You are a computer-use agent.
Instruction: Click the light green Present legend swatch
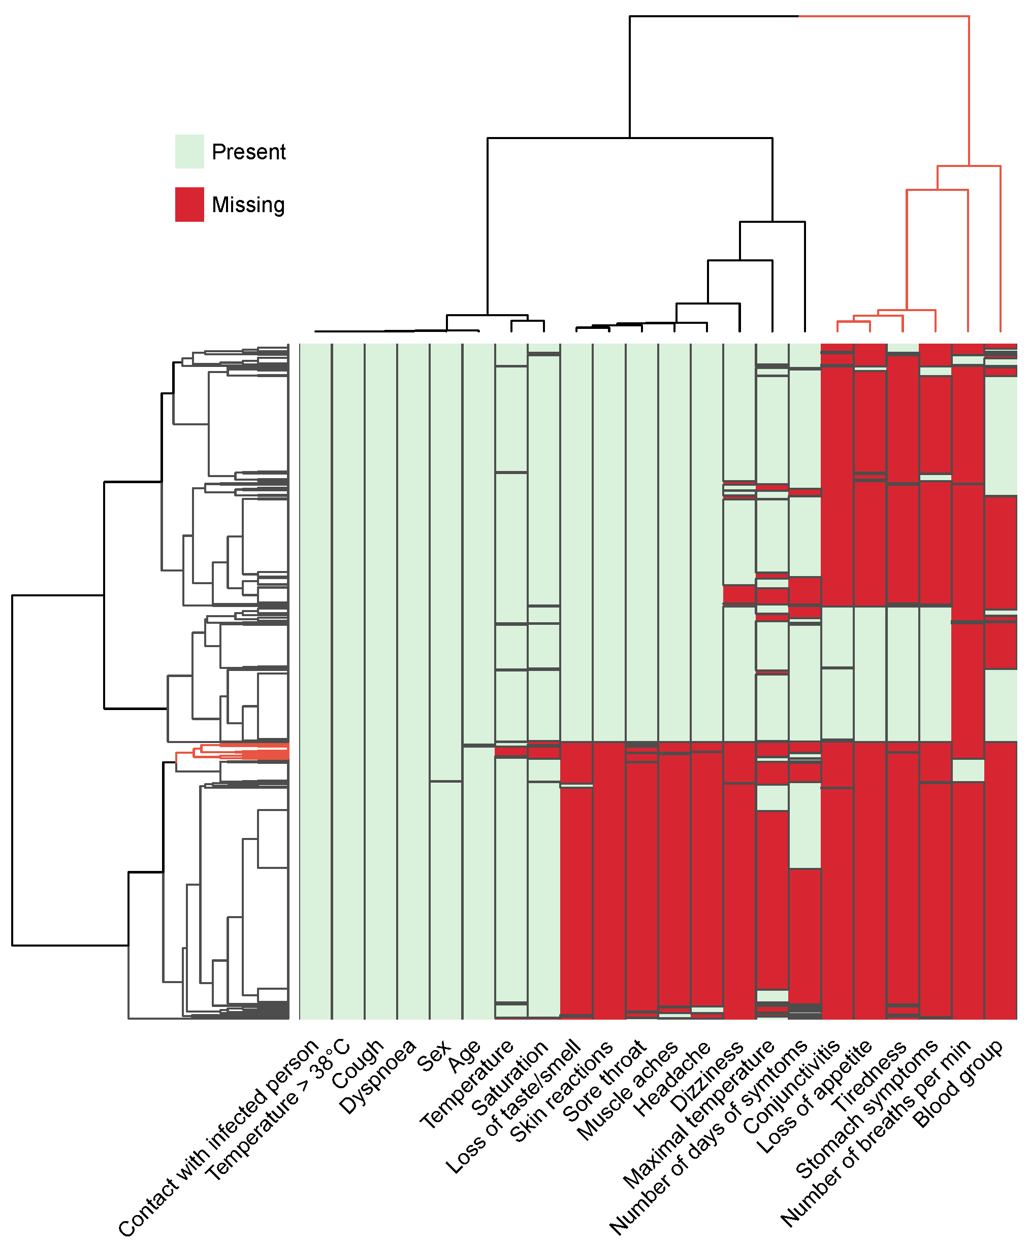click(x=189, y=151)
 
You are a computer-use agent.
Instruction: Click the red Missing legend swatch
click(x=189, y=204)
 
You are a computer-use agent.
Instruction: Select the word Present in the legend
click(x=248, y=152)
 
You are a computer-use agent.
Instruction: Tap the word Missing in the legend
click(x=248, y=205)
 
